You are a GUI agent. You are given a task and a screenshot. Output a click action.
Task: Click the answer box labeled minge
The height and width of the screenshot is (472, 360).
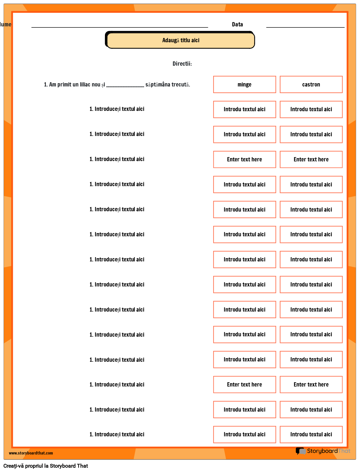[x=245, y=84]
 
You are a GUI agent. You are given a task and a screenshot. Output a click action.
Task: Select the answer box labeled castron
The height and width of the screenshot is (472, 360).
[x=311, y=84]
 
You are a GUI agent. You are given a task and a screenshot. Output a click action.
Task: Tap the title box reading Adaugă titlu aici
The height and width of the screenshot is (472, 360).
[x=181, y=40]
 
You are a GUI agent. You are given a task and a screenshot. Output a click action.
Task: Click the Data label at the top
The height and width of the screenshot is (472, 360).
[x=237, y=24]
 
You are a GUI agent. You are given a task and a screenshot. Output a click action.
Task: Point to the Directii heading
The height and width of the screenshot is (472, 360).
[x=182, y=64]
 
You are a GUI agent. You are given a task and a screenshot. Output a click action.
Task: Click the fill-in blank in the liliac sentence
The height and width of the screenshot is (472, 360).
[x=125, y=85]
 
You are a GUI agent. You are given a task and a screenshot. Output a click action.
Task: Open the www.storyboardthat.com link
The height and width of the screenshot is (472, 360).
[x=31, y=453]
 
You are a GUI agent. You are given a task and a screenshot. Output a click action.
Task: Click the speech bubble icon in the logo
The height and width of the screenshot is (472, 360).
[x=300, y=451]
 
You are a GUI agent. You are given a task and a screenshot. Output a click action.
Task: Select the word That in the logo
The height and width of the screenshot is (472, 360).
[x=344, y=451]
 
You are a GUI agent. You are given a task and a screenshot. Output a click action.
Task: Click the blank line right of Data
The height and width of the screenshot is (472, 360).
[x=305, y=26]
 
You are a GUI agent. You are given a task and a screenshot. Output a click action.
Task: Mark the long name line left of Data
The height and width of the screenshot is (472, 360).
[x=119, y=26]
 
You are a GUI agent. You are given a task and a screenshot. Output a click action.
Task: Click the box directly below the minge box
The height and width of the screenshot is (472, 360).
[x=245, y=109]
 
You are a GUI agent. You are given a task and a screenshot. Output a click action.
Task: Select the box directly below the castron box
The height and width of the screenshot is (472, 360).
[x=311, y=109]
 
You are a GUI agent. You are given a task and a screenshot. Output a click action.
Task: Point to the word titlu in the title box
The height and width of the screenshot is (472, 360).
[x=185, y=40]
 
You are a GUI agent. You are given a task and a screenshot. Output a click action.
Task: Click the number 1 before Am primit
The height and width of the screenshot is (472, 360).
[x=45, y=84]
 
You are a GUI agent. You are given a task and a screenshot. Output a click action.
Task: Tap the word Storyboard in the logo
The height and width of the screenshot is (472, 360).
[x=322, y=451]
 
